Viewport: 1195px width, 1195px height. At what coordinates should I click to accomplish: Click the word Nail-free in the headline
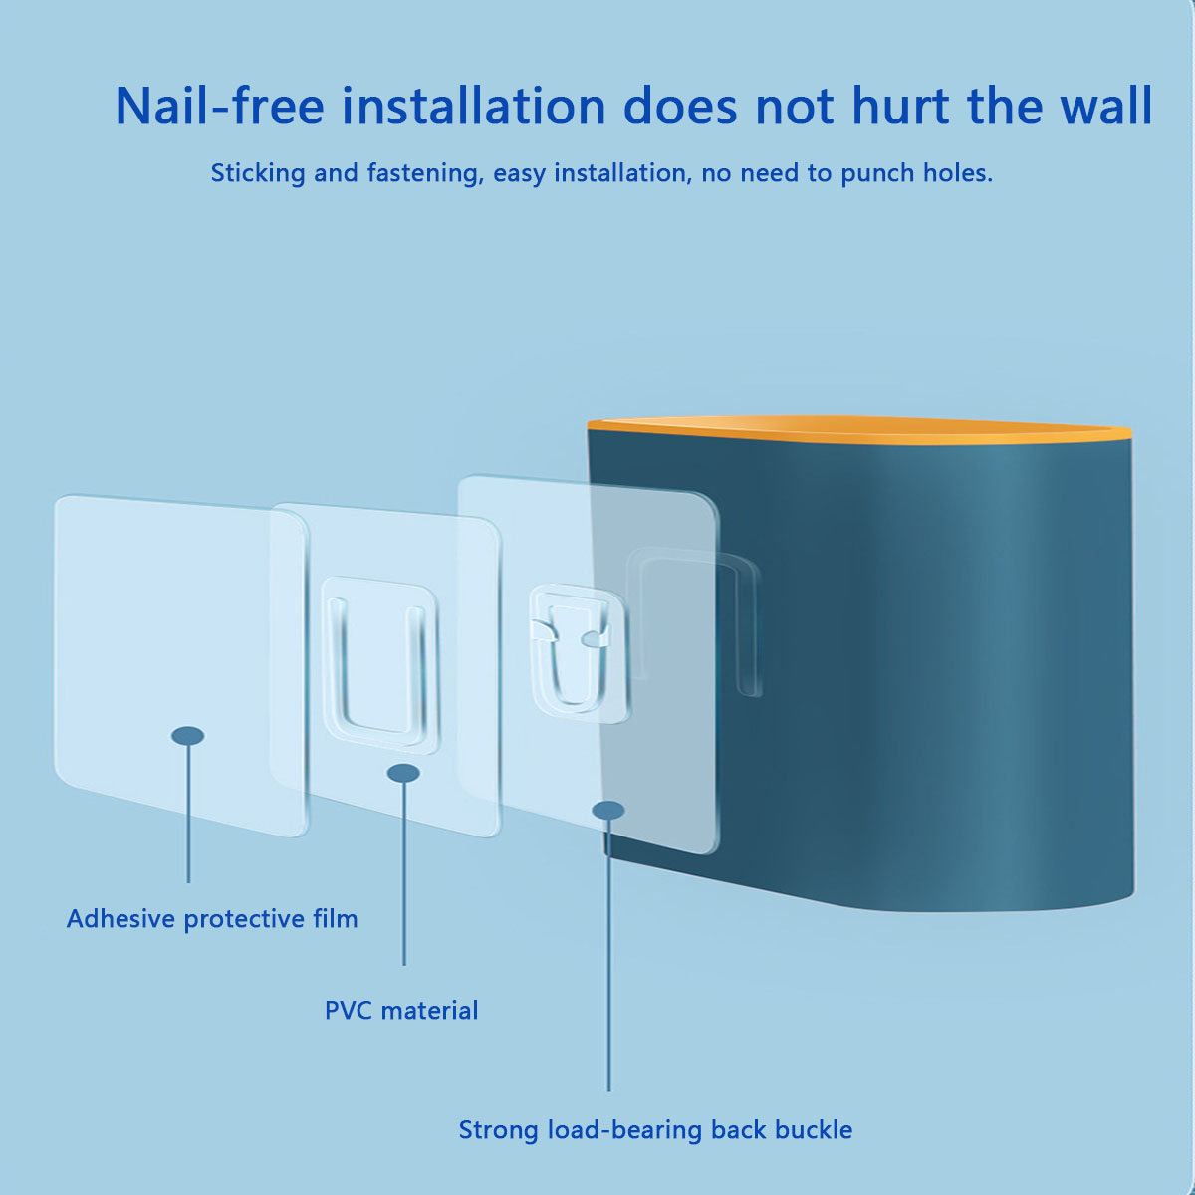pyautogui.click(x=219, y=106)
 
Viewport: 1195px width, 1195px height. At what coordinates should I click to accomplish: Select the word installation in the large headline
pyautogui.click(x=474, y=106)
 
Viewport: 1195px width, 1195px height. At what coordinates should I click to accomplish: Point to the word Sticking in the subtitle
pyautogui.click(x=258, y=173)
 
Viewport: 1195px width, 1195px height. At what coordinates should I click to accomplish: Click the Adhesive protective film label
pyautogui.click(x=212, y=919)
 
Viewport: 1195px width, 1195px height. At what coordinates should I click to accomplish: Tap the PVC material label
pyautogui.click(x=401, y=1011)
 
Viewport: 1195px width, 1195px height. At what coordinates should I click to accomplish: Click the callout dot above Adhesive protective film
pyautogui.click(x=188, y=736)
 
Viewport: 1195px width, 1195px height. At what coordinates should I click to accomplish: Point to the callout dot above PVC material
pyautogui.click(x=403, y=773)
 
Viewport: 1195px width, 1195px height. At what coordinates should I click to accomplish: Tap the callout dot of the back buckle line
pyautogui.click(x=608, y=810)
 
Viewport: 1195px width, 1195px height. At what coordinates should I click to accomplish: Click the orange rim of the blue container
pyautogui.click(x=859, y=430)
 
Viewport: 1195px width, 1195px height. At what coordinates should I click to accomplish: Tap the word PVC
pyautogui.click(x=350, y=1011)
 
